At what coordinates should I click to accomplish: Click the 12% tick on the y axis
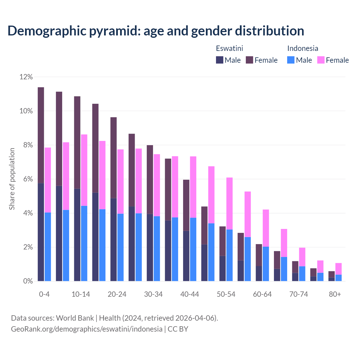point(26,77)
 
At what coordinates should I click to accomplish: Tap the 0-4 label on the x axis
point(44,294)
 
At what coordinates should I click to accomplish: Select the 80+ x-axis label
point(335,294)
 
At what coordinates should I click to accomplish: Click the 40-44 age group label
point(190,294)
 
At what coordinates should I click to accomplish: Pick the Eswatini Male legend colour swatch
point(220,60)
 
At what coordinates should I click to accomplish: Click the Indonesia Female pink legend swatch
point(321,60)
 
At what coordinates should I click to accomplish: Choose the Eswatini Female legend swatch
point(249,60)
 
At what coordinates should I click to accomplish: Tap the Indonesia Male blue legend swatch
point(291,60)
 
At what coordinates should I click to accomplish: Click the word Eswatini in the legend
point(229,48)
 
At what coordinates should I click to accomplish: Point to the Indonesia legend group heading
point(303,48)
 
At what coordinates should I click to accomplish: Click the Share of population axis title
point(12,179)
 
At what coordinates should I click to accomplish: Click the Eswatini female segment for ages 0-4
point(41,135)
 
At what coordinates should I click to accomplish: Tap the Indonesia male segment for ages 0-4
point(48,247)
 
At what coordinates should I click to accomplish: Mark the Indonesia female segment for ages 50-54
point(229,203)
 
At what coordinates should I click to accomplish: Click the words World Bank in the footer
point(75,318)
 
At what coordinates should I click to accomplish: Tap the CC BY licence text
point(178,329)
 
